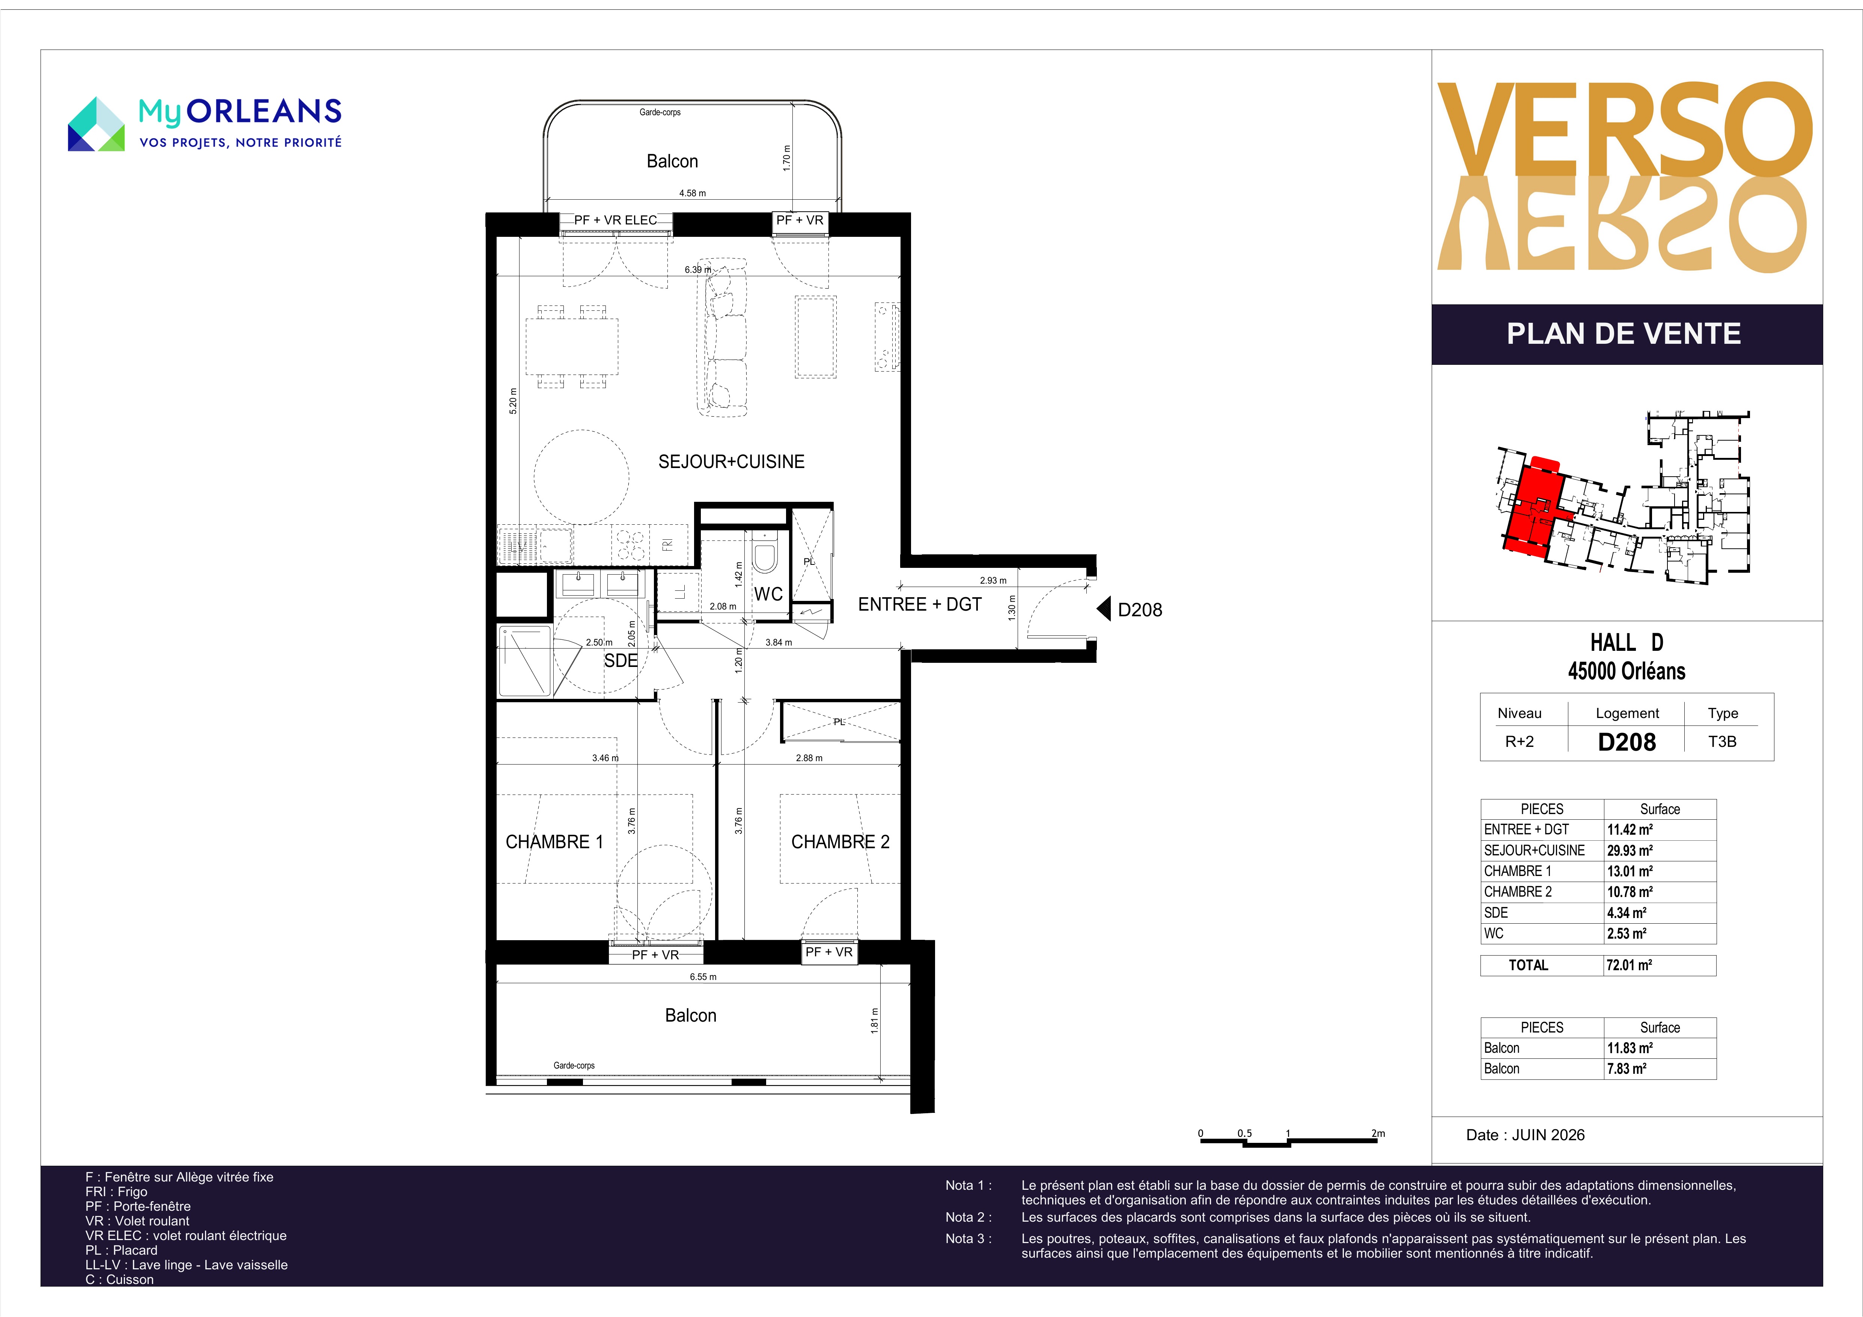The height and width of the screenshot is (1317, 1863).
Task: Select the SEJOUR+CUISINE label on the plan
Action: click(731, 462)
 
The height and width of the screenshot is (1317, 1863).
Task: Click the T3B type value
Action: click(1722, 742)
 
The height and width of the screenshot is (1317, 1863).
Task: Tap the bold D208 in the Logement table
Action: click(1627, 742)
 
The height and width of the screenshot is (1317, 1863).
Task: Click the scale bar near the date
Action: click(1289, 1142)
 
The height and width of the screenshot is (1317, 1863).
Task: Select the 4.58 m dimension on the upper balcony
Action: click(692, 193)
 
